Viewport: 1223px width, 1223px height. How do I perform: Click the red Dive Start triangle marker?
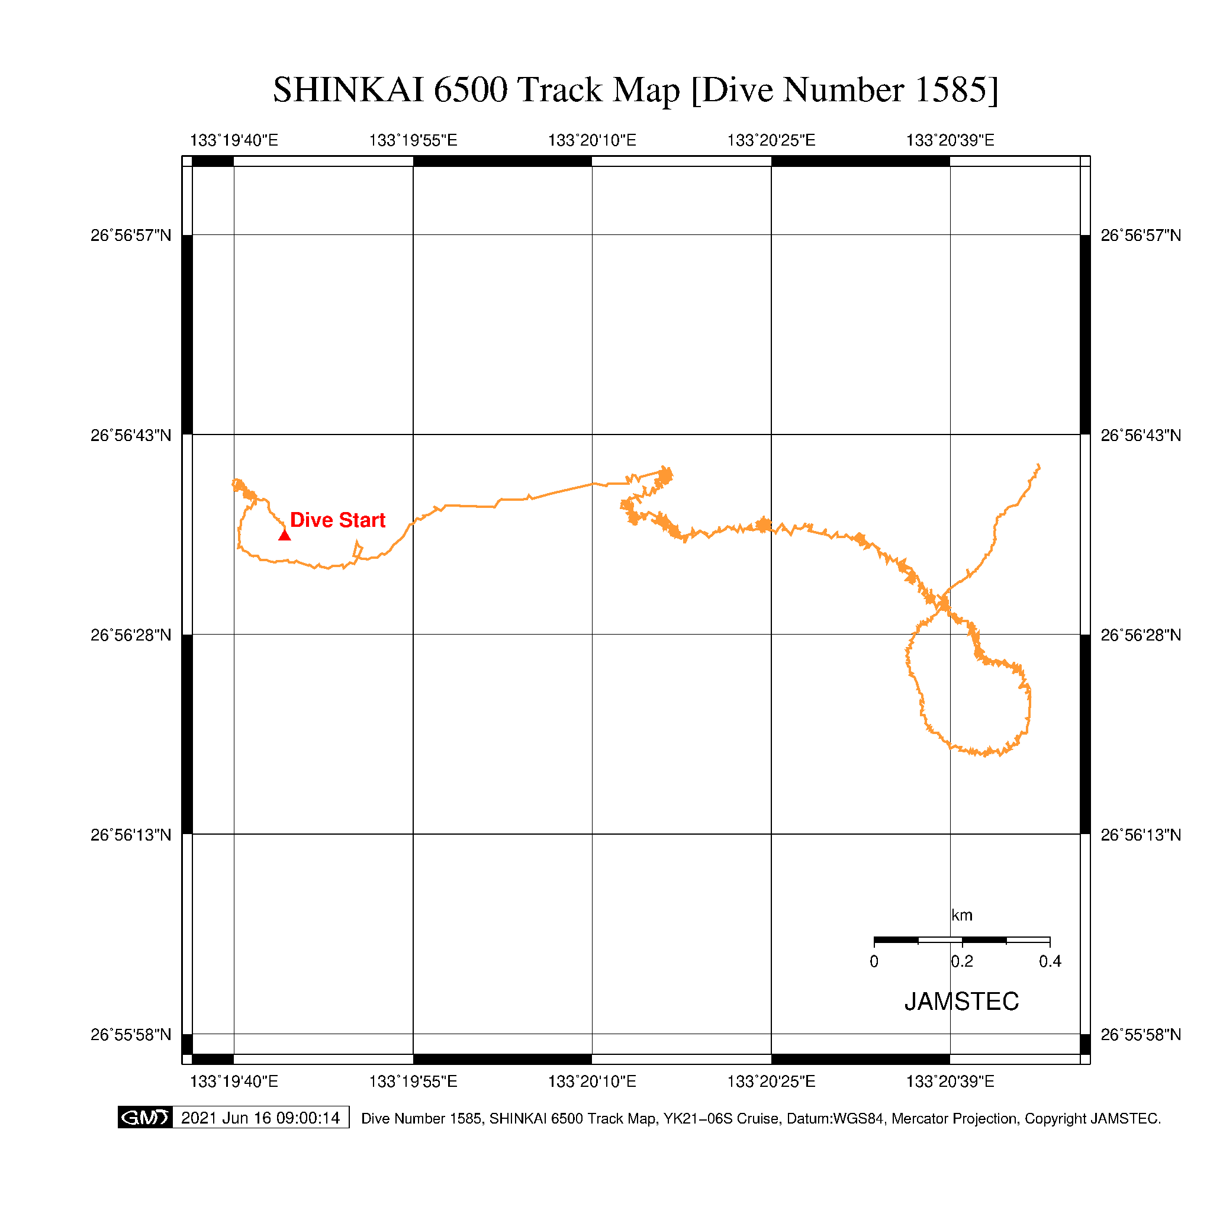click(x=284, y=536)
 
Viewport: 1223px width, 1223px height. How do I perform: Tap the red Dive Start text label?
click(x=337, y=520)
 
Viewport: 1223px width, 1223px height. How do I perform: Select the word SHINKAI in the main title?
click(x=348, y=89)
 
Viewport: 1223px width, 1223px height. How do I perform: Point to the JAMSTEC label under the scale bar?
click(x=961, y=1002)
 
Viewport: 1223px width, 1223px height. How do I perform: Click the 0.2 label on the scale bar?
click(x=961, y=961)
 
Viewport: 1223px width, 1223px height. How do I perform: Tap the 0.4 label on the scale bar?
click(x=1050, y=961)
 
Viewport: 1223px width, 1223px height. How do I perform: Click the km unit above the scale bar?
click(x=961, y=915)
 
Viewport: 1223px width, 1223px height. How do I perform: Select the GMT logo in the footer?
click(x=145, y=1118)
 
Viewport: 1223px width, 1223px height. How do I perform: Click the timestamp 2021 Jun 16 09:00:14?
click(x=260, y=1118)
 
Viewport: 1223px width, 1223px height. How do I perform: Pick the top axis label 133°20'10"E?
click(x=592, y=140)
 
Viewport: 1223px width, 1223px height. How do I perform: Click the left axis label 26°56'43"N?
click(x=131, y=436)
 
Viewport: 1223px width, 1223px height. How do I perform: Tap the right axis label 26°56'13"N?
click(x=1141, y=835)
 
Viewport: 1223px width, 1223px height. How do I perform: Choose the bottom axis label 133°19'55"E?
click(x=413, y=1081)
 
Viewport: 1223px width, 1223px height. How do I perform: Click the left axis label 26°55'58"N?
click(x=131, y=1034)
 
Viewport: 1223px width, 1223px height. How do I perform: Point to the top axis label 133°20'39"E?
click(x=950, y=140)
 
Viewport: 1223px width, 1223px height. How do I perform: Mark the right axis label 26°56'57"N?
click(x=1141, y=236)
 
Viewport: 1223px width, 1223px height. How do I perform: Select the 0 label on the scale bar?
click(x=874, y=961)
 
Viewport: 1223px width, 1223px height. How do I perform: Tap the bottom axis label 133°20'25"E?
click(x=771, y=1081)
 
